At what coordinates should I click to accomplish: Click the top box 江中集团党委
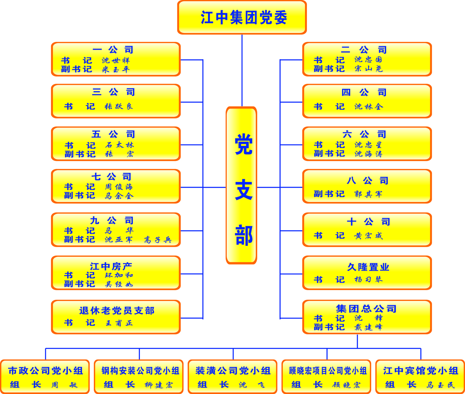tap(242, 17)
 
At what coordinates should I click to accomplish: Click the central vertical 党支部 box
tap(241, 185)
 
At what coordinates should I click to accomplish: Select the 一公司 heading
tap(113, 50)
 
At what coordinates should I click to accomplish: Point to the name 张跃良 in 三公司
tap(119, 106)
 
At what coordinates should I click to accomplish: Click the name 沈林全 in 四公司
tap(369, 107)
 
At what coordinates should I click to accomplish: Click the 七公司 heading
tap(112, 177)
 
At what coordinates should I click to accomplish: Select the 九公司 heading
tap(112, 221)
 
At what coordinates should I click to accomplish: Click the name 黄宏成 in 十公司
tap(369, 236)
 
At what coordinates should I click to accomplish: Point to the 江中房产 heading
tap(111, 266)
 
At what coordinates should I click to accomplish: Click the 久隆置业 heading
tap(368, 267)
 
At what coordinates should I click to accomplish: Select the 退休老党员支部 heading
tap(117, 311)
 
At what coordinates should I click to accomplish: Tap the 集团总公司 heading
tap(366, 309)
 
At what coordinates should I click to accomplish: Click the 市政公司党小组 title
tap(46, 371)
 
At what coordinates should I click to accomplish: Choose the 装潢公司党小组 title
tap(233, 371)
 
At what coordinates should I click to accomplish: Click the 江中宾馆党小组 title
tap(421, 371)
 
